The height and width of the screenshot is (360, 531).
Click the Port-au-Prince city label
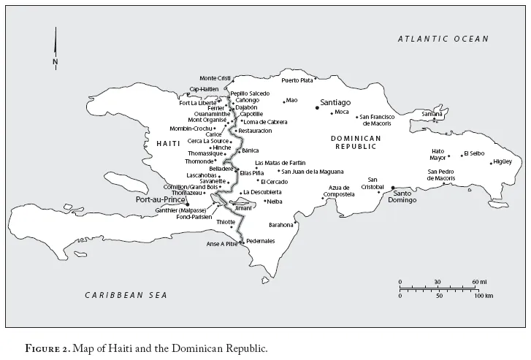coord(160,198)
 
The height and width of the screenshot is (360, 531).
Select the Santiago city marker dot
coord(317,108)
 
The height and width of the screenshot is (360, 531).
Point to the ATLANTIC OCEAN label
coord(443,39)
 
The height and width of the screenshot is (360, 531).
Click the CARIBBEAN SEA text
coord(126,295)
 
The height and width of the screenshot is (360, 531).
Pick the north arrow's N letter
coord(55,62)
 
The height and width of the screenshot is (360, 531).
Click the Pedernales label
coord(261,241)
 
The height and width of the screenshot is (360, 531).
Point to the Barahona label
coord(280,225)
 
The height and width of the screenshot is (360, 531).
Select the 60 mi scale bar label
coord(479,282)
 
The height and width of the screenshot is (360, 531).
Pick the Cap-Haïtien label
coord(204,90)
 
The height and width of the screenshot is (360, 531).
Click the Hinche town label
coord(221,147)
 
